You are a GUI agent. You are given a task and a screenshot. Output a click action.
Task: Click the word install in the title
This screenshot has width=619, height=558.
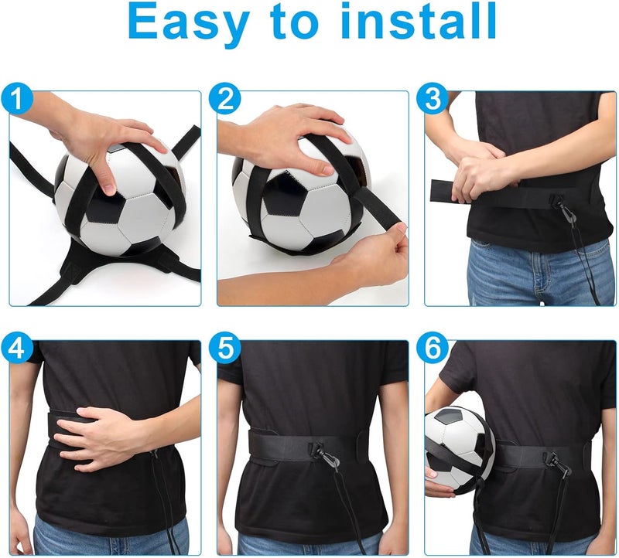point(419,23)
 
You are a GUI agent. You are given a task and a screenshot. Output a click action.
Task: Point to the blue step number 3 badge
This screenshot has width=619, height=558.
point(433,99)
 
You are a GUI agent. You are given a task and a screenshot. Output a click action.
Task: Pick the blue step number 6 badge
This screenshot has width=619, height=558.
point(433,349)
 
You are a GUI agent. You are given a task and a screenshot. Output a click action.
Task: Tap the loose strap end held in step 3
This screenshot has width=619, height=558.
point(445,189)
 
